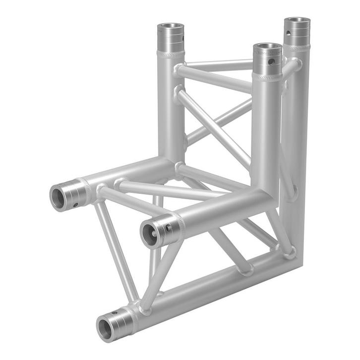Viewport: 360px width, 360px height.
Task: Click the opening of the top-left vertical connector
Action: pos(172,27)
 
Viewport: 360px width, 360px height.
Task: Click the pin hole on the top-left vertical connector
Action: pos(182,38)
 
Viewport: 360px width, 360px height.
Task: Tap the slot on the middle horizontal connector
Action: pos(169,228)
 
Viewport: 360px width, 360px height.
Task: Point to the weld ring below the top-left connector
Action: pos(172,54)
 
